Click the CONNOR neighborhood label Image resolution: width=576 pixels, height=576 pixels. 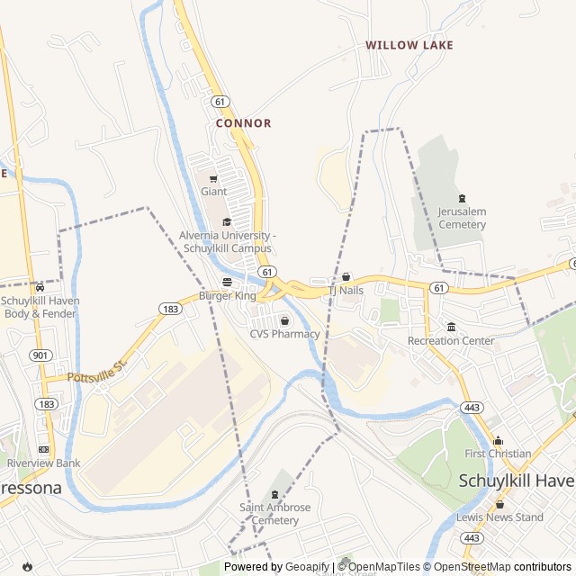tap(243, 123)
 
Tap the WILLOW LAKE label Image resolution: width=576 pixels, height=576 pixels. tap(409, 45)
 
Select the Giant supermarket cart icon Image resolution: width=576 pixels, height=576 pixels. tap(213, 178)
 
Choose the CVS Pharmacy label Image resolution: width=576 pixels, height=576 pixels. tap(284, 334)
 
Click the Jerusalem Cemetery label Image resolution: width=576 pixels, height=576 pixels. tap(462, 218)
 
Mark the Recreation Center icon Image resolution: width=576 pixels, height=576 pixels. tap(451, 327)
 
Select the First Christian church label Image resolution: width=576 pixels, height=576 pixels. tap(498, 454)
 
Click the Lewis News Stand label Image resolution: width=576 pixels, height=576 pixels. tap(499, 517)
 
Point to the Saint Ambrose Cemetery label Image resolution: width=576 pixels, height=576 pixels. tap(275, 514)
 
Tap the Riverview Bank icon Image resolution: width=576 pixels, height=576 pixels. tap(43, 449)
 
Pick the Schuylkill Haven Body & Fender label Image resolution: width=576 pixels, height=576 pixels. tap(40, 307)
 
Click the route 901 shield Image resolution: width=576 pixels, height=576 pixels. tap(40, 355)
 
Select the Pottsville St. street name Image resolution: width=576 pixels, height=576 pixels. tap(99, 369)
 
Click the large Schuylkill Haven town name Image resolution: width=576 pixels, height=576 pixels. tap(517, 481)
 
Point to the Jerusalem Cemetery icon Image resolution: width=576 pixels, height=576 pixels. tap(462, 198)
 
